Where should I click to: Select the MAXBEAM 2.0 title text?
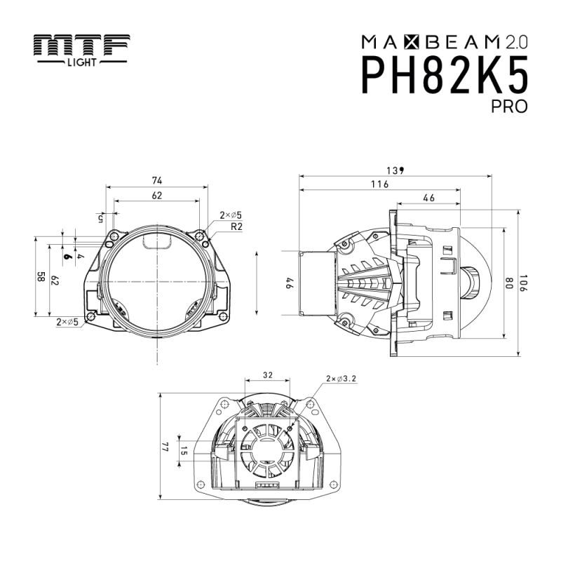[444, 41]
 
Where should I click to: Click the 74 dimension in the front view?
[156, 181]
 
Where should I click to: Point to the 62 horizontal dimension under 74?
[156, 196]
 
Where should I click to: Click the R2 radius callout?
[236, 227]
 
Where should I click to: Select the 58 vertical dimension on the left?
[41, 277]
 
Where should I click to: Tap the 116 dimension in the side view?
[379, 184]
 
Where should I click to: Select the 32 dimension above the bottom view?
[267, 375]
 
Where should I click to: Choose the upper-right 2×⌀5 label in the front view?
[231, 215]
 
